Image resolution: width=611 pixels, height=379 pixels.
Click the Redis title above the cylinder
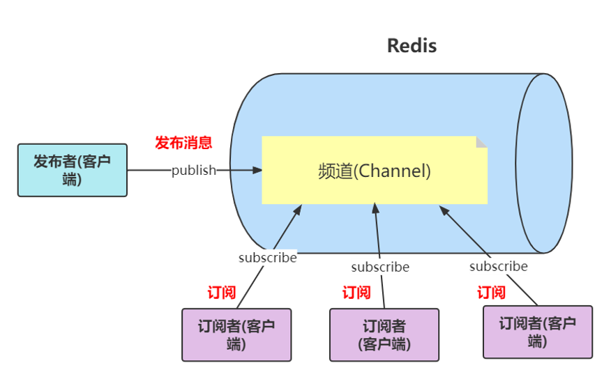[x=412, y=46]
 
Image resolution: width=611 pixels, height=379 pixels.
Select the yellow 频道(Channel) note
[x=374, y=171]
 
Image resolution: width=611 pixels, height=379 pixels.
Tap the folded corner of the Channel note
[x=481, y=141]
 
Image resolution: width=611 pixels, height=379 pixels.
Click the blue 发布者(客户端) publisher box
[x=73, y=170]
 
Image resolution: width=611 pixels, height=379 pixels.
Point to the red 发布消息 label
[x=183, y=143]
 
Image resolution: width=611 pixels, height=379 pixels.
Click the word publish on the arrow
[x=194, y=170]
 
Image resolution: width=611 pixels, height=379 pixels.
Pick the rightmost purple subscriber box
[x=537, y=332]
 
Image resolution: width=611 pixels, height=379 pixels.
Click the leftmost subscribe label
[x=267, y=258]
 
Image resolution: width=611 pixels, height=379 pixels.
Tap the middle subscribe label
[x=380, y=267]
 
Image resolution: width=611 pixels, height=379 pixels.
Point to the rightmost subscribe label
[x=498, y=266]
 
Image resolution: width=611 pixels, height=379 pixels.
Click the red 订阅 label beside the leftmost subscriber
[x=221, y=293]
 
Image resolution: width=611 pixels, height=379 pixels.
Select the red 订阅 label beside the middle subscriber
[x=356, y=293]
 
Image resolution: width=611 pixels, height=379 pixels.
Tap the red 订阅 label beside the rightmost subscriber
[x=491, y=293]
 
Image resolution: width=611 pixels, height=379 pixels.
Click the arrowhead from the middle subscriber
[x=376, y=208]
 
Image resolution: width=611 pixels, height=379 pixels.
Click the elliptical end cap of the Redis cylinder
[x=543, y=163]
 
